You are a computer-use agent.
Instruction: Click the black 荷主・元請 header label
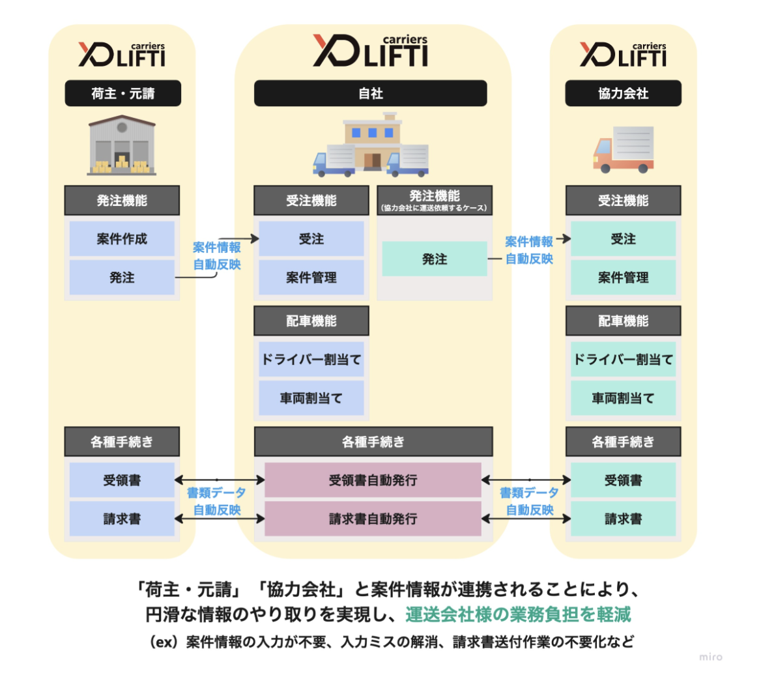(x=122, y=94)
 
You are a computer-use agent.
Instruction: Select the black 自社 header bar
(x=370, y=94)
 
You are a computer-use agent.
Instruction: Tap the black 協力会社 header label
(x=623, y=94)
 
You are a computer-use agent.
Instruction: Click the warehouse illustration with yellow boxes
(x=122, y=146)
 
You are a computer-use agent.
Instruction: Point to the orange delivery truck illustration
(x=623, y=149)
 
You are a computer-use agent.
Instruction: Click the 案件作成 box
(x=122, y=239)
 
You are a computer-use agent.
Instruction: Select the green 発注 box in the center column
(x=435, y=259)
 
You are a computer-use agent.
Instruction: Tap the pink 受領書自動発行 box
(x=373, y=481)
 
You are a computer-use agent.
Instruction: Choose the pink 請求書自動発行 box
(x=373, y=519)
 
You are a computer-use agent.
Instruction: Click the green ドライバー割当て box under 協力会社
(x=623, y=360)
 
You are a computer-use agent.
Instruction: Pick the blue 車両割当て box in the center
(x=311, y=398)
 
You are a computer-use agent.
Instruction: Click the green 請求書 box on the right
(x=623, y=519)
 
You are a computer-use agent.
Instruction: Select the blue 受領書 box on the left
(x=122, y=481)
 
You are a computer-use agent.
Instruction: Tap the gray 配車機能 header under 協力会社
(x=623, y=321)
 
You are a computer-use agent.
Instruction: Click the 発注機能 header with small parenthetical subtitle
(x=435, y=201)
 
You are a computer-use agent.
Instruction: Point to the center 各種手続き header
(x=373, y=442)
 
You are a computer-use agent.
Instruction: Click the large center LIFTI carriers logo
(x=370, y=51)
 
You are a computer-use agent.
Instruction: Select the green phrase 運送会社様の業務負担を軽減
(x=518, y=614)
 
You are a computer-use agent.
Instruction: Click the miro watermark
(x=711, y=657)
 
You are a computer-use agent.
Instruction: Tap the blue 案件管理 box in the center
(x=311, y=278)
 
